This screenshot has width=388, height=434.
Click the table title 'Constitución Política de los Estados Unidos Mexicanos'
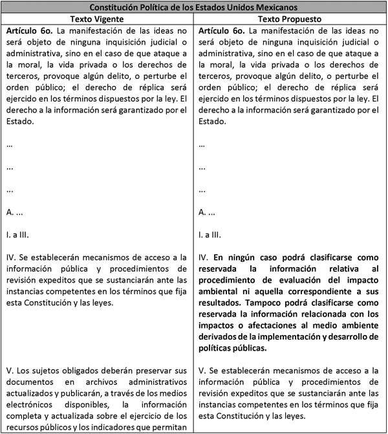[194, 7]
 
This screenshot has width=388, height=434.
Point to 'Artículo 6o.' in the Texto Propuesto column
[224, 32]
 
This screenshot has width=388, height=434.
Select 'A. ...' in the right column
[208, 212]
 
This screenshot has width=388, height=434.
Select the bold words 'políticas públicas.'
[233, 348]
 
